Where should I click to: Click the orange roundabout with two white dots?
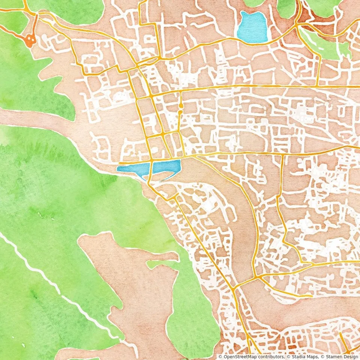tap(30, 40)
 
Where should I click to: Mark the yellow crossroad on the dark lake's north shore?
tap(151, 160)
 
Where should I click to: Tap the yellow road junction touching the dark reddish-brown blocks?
tap(298, 24)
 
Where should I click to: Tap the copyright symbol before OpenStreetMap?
tap(220, 357)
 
